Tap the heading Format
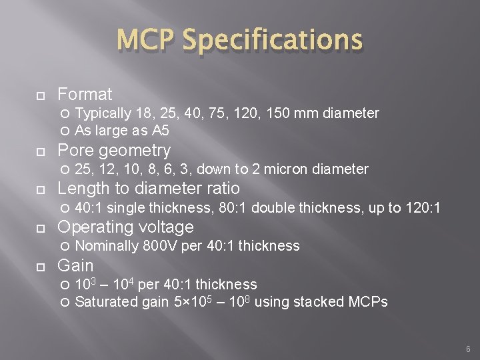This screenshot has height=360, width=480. tap(85, 94)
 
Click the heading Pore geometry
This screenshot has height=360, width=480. tap(114, 150)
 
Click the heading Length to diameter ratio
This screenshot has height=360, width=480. tap(149, 189)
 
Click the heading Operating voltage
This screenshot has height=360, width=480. tap(126, 227)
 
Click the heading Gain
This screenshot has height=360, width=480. tap(75, 265)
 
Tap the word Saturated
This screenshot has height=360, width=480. tap(107, 302)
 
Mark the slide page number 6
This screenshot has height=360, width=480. tap(468, 349)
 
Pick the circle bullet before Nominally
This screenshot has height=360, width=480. tap(65, 247)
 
